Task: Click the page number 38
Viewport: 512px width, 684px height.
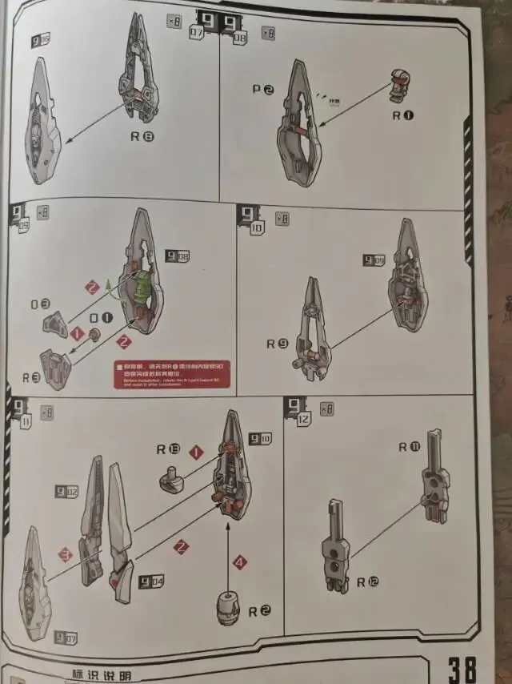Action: [x=462, y=667]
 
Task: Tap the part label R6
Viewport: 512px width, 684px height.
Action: [x=142, y=136]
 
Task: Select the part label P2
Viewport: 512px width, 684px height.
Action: [x=263, y=90]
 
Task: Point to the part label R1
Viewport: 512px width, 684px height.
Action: [x=402, y=115]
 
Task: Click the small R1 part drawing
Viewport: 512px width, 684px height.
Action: [x=399, y=86]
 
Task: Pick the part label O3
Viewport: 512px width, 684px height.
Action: [x=40, y=304]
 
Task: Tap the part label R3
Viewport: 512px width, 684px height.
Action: [x=31, y=376]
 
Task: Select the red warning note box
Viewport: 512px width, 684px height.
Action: [x=172, y=375]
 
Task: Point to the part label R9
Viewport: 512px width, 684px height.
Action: [x=278, y=344]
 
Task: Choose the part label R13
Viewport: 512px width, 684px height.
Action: [x=169, y=449]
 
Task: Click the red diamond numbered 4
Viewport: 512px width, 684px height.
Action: [x=239, y=562]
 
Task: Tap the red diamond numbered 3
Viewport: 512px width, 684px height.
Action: [x=65, y=554]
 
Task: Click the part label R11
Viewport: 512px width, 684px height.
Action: [x=408, y=447]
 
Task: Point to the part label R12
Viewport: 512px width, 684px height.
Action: [x=366, y=582]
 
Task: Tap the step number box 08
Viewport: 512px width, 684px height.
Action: [x=239, y=35]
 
